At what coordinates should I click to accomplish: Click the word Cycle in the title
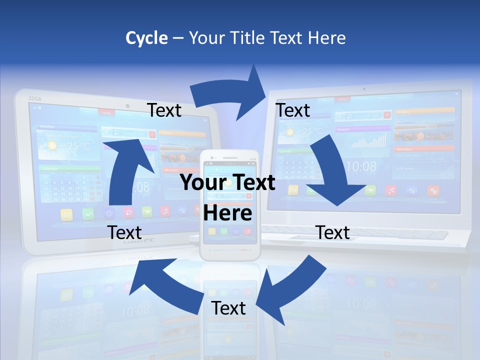click(146, 38)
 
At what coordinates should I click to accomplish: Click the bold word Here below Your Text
click(227, 213)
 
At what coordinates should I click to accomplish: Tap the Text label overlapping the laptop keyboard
click(333, 232)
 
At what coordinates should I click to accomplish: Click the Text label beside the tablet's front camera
click(164, 110)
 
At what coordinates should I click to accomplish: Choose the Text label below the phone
click(228, 308)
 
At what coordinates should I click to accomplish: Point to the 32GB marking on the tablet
click(34, 98)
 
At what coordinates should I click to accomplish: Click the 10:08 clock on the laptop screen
click(361, 166)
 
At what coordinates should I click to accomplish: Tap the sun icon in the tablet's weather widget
click(52, 146)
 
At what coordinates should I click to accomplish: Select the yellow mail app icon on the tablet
click(66, 214)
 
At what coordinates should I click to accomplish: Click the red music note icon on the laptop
click(391, 190)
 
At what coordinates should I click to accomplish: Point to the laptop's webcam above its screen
click(363, 88)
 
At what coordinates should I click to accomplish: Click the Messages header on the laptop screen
click(405, 149)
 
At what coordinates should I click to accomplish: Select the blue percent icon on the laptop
click(412, 190)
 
